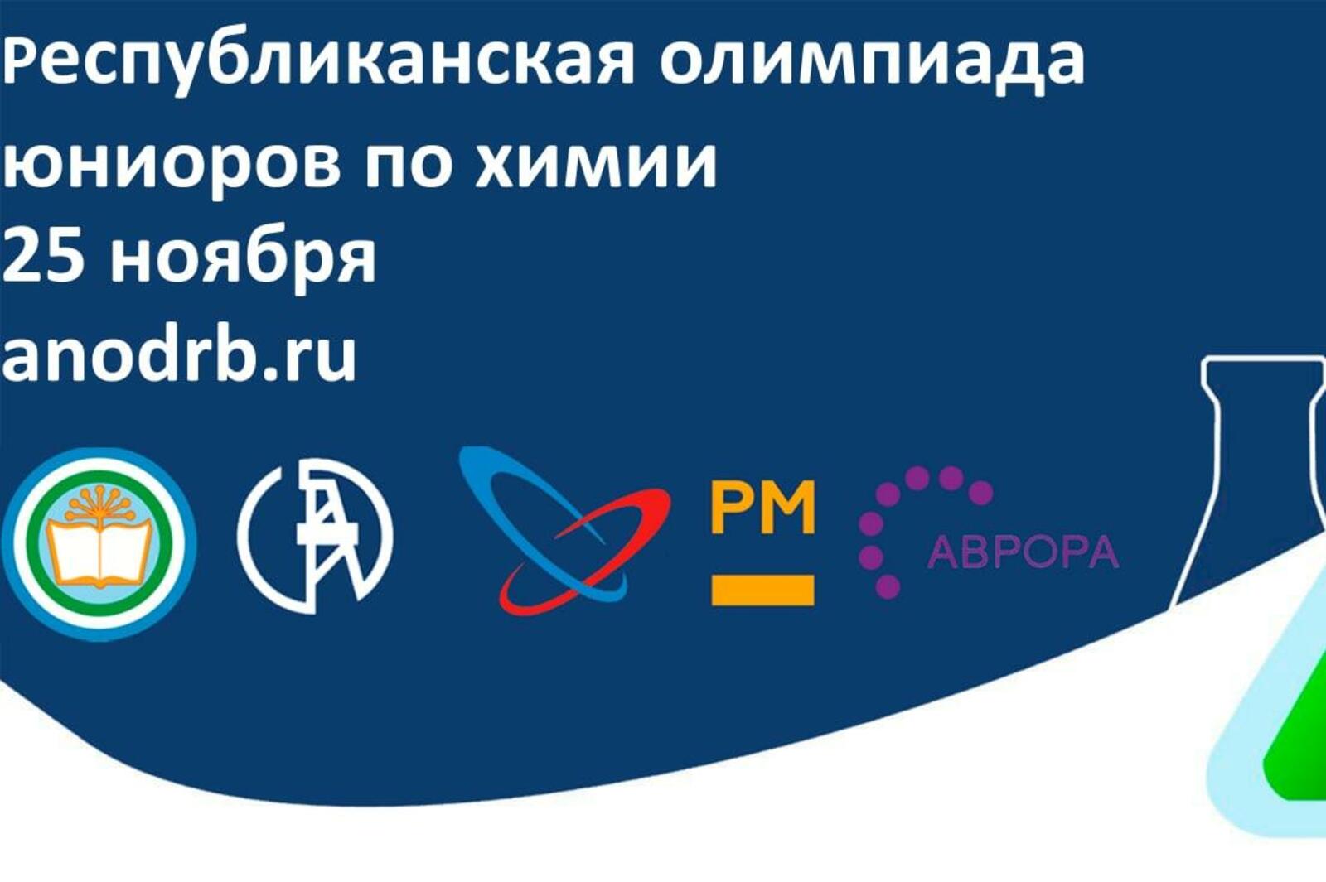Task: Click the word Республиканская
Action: pyautogui.click(x=318, y=66)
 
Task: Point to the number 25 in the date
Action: pyautogui.click(x=41, y=256)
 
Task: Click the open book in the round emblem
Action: pyautogui.click(x=99, y=553)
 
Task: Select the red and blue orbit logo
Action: pyautogui.click(x=564, y=528)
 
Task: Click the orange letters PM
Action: pyautogui.click(x=763, y=508)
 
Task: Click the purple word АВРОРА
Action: pyautogui.click(x=1023, y=553)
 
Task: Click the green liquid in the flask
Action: pyautogui.click(x=1296, y=740)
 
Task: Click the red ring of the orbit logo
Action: pyautogui.click(x=583, y=550)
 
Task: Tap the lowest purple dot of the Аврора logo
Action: pyautogui.click(x=887, y=586)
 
